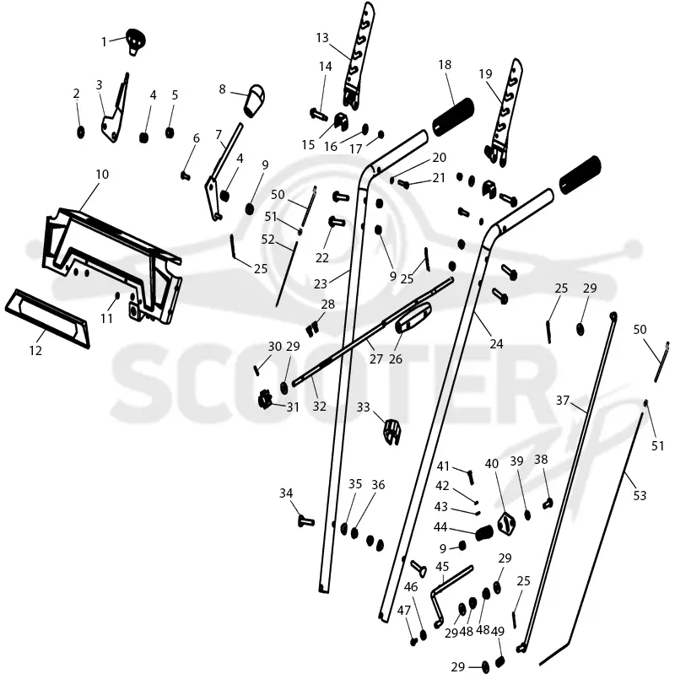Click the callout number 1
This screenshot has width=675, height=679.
point(104,41)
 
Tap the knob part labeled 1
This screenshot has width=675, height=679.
point(136,41)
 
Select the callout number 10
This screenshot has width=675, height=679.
point(102,175)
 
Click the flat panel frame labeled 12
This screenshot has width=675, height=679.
point(46,319)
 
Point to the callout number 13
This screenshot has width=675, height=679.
point(322,38)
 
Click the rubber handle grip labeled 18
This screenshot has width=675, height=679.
point(453,117)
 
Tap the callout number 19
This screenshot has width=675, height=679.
point(486,73)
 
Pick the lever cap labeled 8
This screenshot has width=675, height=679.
point(255,100)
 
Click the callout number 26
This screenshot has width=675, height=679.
point(396,359)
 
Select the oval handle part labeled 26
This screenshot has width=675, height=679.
point(413,317)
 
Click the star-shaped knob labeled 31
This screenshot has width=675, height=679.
point(264,400)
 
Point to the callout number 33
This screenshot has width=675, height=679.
point(363,407)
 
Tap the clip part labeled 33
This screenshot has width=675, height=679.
point(391,432)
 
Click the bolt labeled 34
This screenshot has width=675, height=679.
point(306,520)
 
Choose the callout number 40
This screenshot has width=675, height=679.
point(492,464)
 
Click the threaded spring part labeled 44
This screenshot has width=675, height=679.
point(485,533)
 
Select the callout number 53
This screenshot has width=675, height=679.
point(640,495)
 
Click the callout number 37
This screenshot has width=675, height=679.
point(562,400)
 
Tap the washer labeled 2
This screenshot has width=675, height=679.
point(81,132)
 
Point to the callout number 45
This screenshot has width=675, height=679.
point(442,567)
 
